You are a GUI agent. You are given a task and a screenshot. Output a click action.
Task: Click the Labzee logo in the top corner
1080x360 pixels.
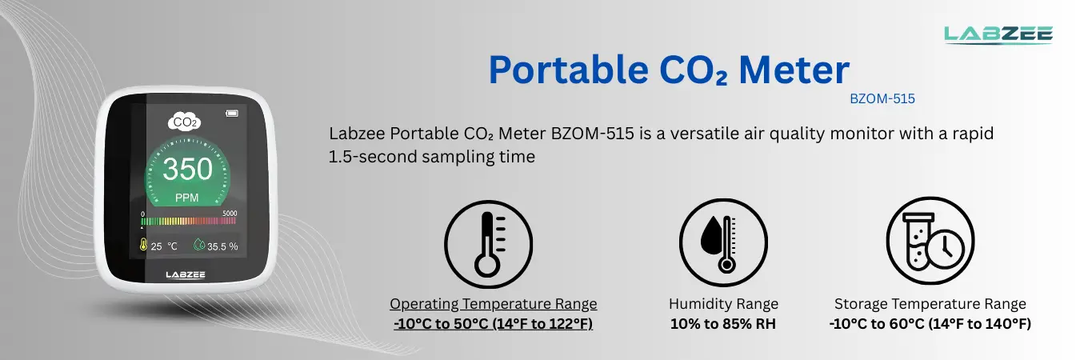[x=998, y=33]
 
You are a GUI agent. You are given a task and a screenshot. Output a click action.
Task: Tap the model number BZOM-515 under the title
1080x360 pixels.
[x=882, y=99]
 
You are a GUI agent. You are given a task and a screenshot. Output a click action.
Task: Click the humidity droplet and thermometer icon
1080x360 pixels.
[x=722, y=242]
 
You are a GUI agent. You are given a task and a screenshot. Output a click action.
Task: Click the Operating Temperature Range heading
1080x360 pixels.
[x=493, y=304]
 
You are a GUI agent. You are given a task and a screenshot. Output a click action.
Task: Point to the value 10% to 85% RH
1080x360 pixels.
[x=722, y=324]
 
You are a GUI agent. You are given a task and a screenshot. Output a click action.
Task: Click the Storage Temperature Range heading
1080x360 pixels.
[x=930, y=304]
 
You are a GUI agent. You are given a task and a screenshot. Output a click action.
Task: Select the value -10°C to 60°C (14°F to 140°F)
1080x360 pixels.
[x=930, y=324]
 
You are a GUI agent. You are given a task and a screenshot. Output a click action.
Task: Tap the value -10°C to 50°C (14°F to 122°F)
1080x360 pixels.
[x=493, y=324]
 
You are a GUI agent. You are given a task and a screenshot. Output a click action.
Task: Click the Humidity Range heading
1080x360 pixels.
[x=722, y=304]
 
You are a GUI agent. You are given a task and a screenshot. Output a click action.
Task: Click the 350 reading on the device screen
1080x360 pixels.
[x=188, y=170]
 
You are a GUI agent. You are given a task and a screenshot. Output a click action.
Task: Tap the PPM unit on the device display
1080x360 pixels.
[x=187, y=197]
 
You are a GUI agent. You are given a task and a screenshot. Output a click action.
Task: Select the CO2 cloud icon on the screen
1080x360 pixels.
[x=184, y=122]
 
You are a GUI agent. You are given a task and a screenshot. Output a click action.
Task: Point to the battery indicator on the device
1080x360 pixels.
[x=233, y=112]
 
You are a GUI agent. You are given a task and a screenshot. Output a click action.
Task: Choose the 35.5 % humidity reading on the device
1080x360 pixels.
[x=216, y=246]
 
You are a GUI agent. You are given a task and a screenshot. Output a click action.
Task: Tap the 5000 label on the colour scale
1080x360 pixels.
[x=230, y=214]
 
